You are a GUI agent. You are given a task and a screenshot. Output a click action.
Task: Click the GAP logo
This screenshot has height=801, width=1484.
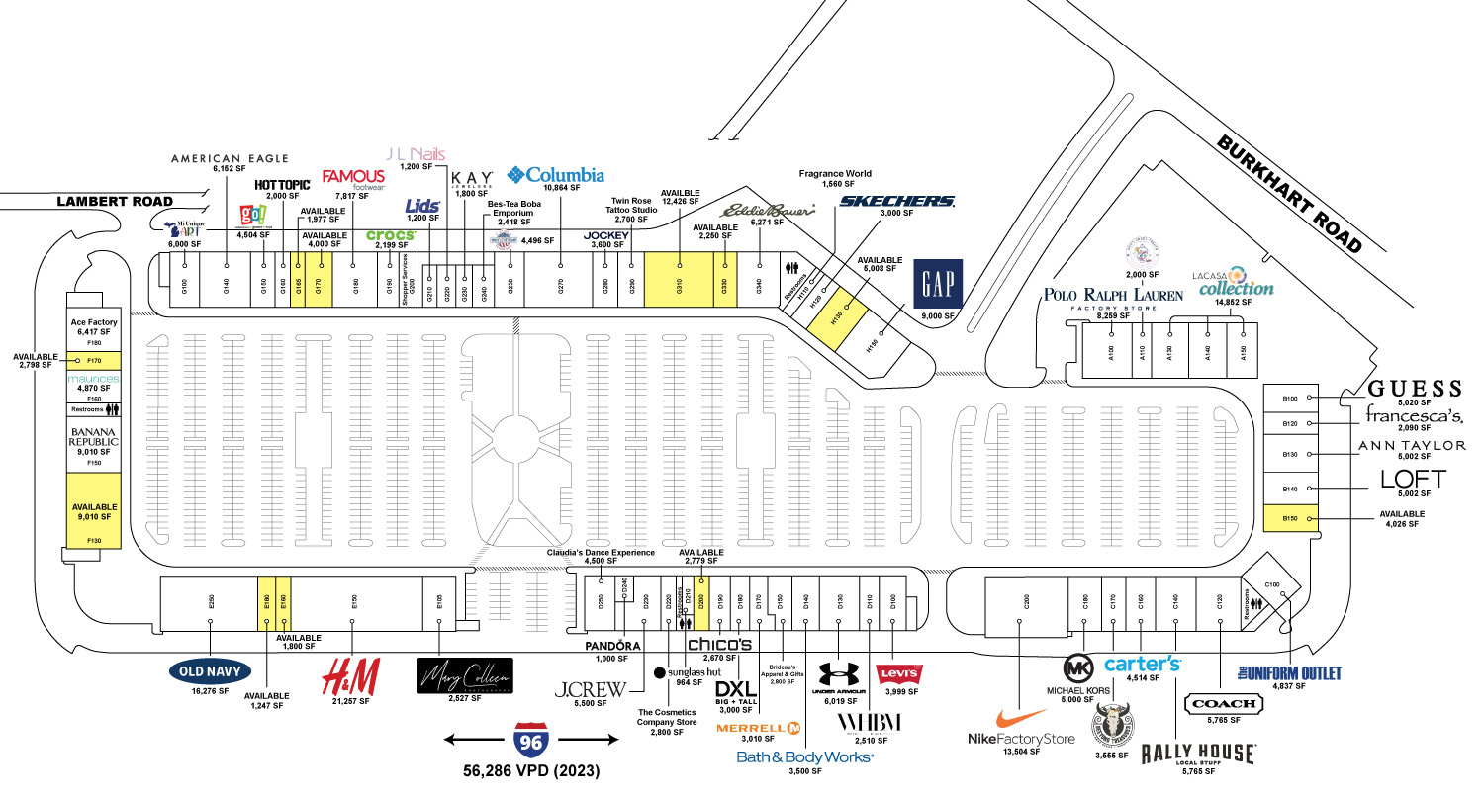pos(937,284)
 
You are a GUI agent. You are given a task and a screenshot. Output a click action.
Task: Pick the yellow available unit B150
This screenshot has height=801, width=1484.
pos(1291,518)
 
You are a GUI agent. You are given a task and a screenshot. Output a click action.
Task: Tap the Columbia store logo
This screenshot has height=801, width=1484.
pos(555,176)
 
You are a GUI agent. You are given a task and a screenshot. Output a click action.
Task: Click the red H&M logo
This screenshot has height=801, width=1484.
pos(352,677)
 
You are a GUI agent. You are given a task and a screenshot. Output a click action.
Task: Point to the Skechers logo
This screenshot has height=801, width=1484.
pos(896,202)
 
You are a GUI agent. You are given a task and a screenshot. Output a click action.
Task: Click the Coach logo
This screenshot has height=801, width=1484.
pos(1224,704)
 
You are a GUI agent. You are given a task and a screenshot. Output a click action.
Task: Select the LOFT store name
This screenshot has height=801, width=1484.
pos(1413,480)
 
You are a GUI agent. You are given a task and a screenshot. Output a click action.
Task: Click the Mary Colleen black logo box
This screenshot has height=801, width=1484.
pos(465,675)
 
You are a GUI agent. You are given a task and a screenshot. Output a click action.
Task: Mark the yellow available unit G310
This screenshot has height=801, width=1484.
pos(679,278)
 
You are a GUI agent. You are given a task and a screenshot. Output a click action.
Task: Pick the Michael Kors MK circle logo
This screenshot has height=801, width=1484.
pos(1080,667)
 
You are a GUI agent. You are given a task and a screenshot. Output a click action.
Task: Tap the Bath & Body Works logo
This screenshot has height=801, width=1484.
pos(805,756)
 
